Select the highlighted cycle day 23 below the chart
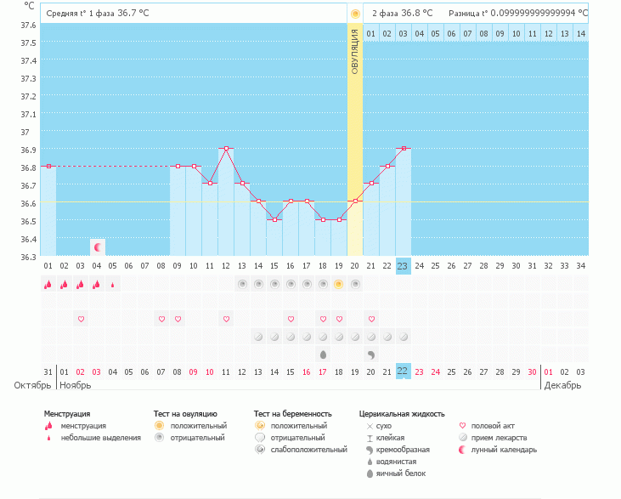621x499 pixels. pyautogui.click(x=404, y=266)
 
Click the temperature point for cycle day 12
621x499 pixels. pyautogui.click(x=226, y=148)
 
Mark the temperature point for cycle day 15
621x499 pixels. pyautogui.click(x=274, y=219)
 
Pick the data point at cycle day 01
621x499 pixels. pyautogui.click(x=48, y=166)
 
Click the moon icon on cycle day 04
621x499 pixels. pyautogui.click(x=98, y=247)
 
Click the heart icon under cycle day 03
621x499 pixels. pyautogui.click(x=82, y=319)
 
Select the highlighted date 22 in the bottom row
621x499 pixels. pyautogui.click(x=404, y=371)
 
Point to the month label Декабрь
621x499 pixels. pyautogui.click(x=563, y=385)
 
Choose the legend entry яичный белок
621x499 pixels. pyautogui.click(x=394, y=473)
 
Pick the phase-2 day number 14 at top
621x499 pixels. pyautogui.click(x=580, y=33)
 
